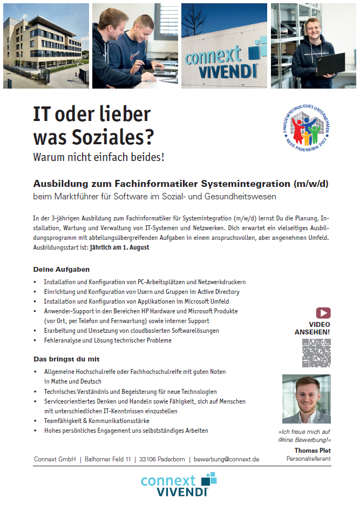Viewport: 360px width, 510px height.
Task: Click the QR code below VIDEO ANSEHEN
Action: click(316, 353)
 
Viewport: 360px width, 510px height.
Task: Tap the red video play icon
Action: click(323, 313)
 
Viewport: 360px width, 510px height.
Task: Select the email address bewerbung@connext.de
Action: click(226, 459)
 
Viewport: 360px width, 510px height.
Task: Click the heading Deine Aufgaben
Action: click(62, 269)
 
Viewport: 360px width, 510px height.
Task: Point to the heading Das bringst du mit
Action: click(66, 359)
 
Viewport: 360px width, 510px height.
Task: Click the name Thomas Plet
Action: click(313, 450)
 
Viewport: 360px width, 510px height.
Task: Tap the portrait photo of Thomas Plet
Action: click(306, 399)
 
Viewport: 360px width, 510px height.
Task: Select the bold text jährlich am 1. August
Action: click(119, 247)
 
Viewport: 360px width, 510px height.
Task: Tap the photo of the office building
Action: click(45, 45)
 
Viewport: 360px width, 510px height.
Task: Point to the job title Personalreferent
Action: click(308, 459)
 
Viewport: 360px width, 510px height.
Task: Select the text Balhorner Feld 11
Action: click(108, 459)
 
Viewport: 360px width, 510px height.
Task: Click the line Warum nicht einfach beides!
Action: click(99, 158)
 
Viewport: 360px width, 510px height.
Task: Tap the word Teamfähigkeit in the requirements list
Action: click(65, 420)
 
